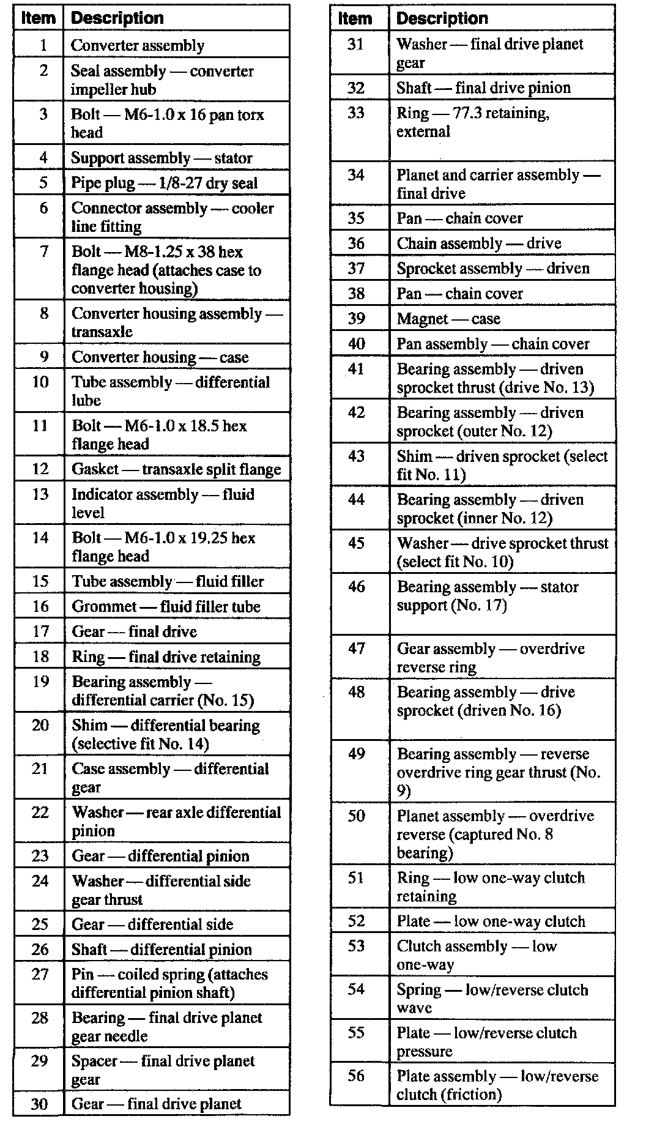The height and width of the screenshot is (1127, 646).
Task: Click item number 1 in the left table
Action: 43,45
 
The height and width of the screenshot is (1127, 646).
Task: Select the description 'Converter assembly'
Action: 138,45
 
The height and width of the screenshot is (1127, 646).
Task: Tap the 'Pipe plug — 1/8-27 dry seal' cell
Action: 164,183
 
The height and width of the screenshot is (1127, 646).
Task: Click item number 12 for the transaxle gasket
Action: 40,469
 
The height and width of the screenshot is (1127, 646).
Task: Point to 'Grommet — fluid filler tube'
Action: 166,606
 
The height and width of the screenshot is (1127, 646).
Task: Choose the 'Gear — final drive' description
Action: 134,631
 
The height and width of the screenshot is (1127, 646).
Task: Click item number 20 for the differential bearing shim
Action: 40,725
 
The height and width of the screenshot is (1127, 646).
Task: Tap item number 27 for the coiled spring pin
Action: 40,973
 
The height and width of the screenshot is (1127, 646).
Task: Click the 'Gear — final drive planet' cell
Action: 156,1104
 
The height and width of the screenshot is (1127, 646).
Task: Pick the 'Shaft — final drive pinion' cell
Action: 483,87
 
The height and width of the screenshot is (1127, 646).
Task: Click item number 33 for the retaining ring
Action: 356,113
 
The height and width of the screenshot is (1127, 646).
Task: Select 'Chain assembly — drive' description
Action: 478,244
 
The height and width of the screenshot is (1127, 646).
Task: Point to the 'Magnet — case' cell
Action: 448,319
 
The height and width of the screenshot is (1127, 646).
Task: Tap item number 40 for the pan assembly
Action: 356,344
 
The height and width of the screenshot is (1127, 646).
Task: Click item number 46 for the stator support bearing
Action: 356,587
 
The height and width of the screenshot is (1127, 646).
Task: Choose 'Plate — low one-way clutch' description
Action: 491,921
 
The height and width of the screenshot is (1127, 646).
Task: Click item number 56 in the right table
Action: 356,1075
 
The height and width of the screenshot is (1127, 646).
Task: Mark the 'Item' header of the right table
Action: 355,18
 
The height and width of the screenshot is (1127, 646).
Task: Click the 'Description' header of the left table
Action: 117,18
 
